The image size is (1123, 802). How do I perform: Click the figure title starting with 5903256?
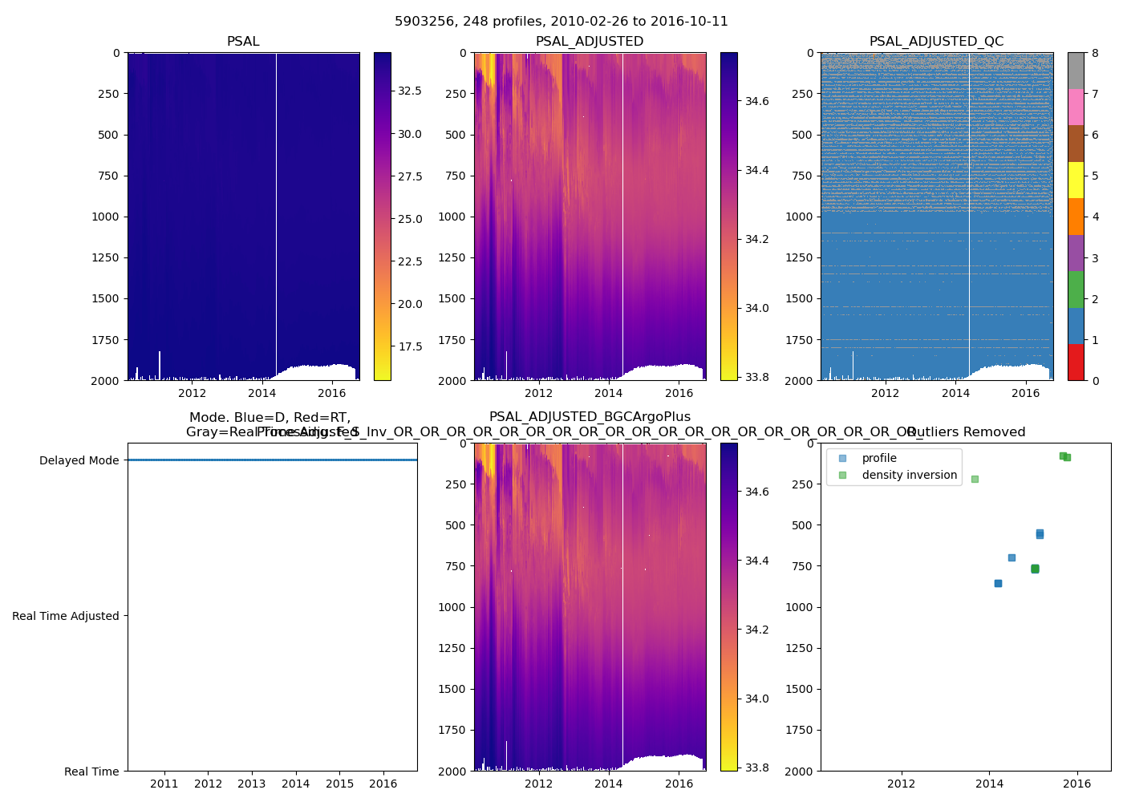(561, 22)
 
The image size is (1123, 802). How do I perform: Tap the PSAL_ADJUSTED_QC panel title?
(936, 42)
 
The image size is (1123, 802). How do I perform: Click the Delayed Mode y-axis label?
(79, 460)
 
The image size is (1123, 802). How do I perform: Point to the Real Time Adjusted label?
(66, 616)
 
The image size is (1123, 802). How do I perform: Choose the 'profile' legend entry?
(879, 459)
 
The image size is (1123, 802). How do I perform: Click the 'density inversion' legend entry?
(910, 476)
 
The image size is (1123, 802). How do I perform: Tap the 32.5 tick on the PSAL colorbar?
(410, 91)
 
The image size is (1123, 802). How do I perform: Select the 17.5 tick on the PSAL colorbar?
(410, 346)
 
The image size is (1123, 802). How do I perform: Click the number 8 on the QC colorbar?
(1095, 53)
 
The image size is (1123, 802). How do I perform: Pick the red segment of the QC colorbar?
(1076, 362)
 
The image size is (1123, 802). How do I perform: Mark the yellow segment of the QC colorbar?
(1076, 180)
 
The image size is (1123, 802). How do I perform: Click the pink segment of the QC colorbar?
(1076, 107)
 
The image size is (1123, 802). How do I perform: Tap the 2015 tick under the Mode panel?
(339, 784)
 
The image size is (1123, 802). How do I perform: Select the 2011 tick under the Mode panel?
(164, 784)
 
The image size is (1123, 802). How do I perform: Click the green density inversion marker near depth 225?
(975, 479)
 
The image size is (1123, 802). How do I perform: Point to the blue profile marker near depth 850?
(998, 583)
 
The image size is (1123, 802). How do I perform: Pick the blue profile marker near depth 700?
(1012, 557)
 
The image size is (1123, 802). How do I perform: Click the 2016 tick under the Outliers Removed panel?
(1077, 784)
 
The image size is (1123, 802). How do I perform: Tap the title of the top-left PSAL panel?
(243, 42)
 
